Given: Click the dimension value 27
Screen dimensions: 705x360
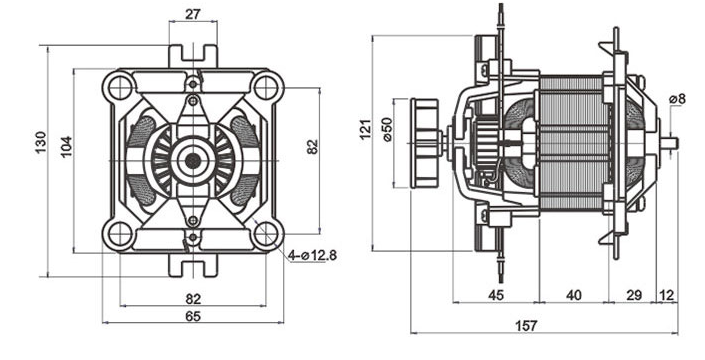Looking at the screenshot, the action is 193,14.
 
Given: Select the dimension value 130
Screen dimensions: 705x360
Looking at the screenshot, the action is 41,142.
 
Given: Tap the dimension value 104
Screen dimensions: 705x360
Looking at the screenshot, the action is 66,147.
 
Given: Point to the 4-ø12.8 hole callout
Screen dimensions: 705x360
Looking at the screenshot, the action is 312,256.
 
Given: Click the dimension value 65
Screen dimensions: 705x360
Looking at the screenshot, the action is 193,316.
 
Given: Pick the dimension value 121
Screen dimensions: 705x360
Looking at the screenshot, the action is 366,129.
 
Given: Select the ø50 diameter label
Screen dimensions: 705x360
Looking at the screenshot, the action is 387,130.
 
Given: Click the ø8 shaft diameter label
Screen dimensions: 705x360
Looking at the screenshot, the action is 677,99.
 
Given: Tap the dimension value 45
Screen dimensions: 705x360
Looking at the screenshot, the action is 496,295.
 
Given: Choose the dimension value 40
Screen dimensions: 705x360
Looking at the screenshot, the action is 574,295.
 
